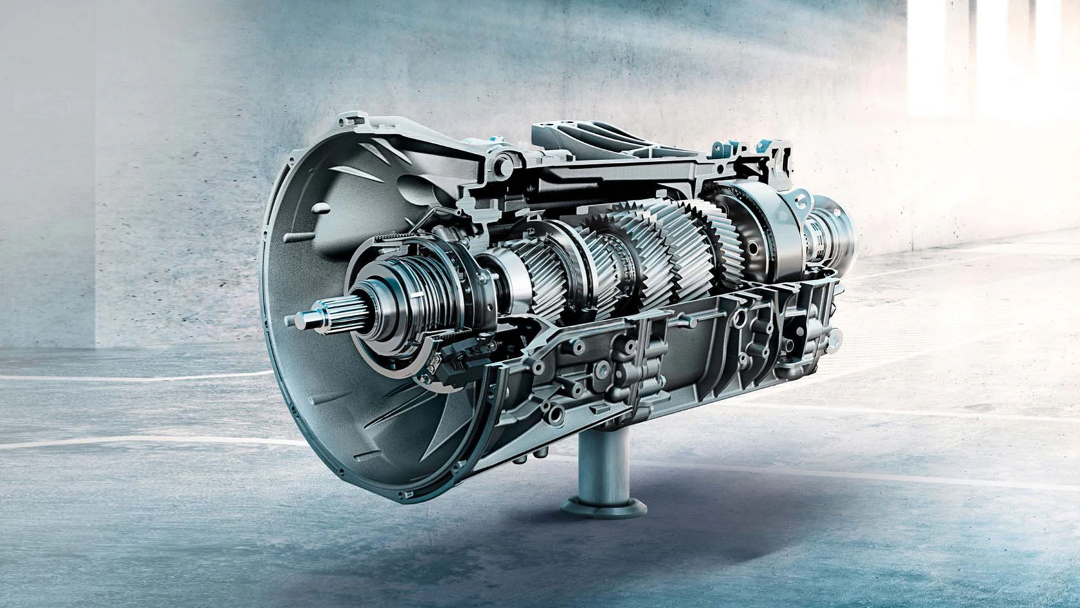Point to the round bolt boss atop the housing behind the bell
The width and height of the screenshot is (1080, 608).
tap(507, 155)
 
